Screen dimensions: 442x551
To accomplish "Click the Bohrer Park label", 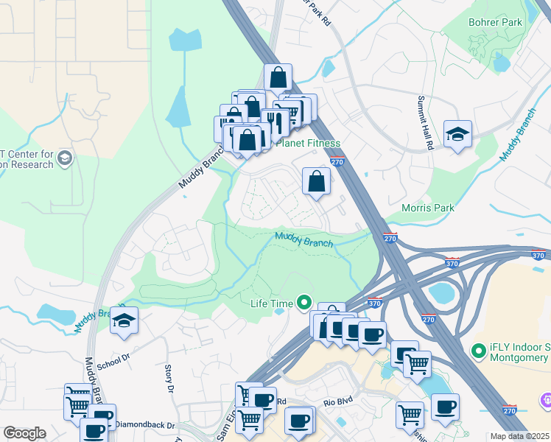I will pos(495,22).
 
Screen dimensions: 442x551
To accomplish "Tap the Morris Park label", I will pos(428,208).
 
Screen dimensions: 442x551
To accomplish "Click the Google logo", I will pos(24,433).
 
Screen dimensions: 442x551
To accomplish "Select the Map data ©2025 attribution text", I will pos(519,436).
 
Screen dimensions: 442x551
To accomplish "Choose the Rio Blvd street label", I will pos(339,403).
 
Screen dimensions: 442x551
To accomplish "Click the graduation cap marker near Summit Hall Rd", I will pos(457,134).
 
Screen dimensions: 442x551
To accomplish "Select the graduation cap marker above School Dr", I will pos(124,321).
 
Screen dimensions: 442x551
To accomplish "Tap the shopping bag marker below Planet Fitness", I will pos(316,180).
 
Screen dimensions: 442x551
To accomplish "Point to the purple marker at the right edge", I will pos(546,400).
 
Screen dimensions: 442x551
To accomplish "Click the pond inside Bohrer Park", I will pos(502,63).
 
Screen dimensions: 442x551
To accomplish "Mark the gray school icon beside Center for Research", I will pos(65,158).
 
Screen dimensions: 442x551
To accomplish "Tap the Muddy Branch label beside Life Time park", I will pos(304,239).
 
